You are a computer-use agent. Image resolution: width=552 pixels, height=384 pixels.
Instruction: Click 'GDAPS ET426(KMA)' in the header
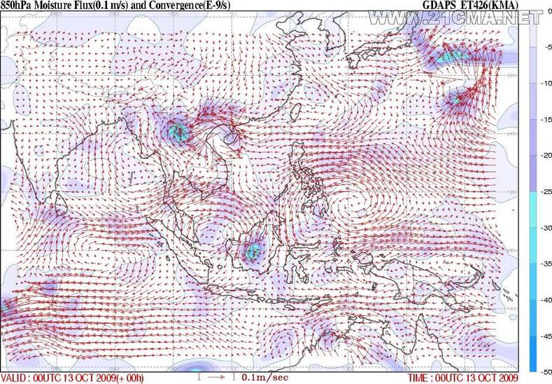[x=471, y=6]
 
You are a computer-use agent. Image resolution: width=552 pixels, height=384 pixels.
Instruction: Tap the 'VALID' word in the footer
[x=14, y=378]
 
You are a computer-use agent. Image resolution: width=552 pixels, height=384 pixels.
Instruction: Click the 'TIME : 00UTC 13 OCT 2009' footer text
[x=462, y=378]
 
